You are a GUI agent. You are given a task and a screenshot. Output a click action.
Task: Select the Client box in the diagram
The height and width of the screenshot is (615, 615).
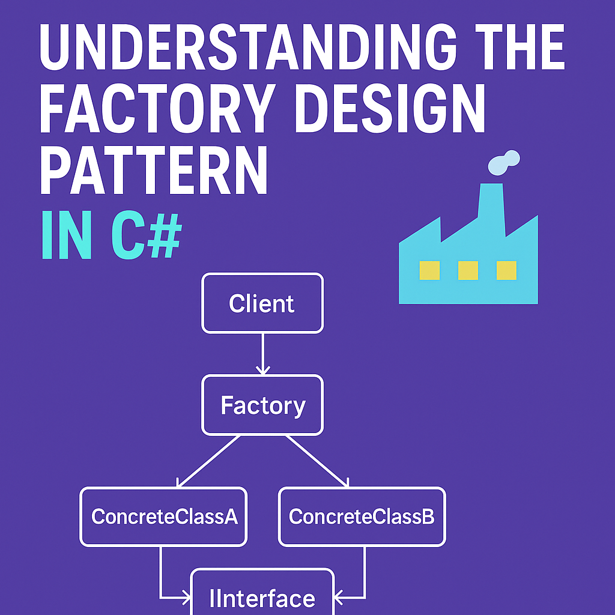tap(262, 303)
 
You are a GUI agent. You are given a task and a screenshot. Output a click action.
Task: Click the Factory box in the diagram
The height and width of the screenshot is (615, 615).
tap(262, 405)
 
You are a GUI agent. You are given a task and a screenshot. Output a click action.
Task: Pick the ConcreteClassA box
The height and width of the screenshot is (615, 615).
tap(163, 517)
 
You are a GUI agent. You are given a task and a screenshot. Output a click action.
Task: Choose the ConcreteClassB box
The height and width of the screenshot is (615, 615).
tap(362, 517)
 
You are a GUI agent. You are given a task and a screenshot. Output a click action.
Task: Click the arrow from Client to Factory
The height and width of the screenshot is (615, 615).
tap(262, 354)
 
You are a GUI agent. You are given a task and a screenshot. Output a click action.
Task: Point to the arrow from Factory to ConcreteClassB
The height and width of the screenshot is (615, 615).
tap(317, 461)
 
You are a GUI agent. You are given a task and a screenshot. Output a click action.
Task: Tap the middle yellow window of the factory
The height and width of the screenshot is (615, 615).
tap(468, 270)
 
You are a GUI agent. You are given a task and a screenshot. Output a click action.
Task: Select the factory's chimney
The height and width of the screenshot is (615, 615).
tap(491, 201)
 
